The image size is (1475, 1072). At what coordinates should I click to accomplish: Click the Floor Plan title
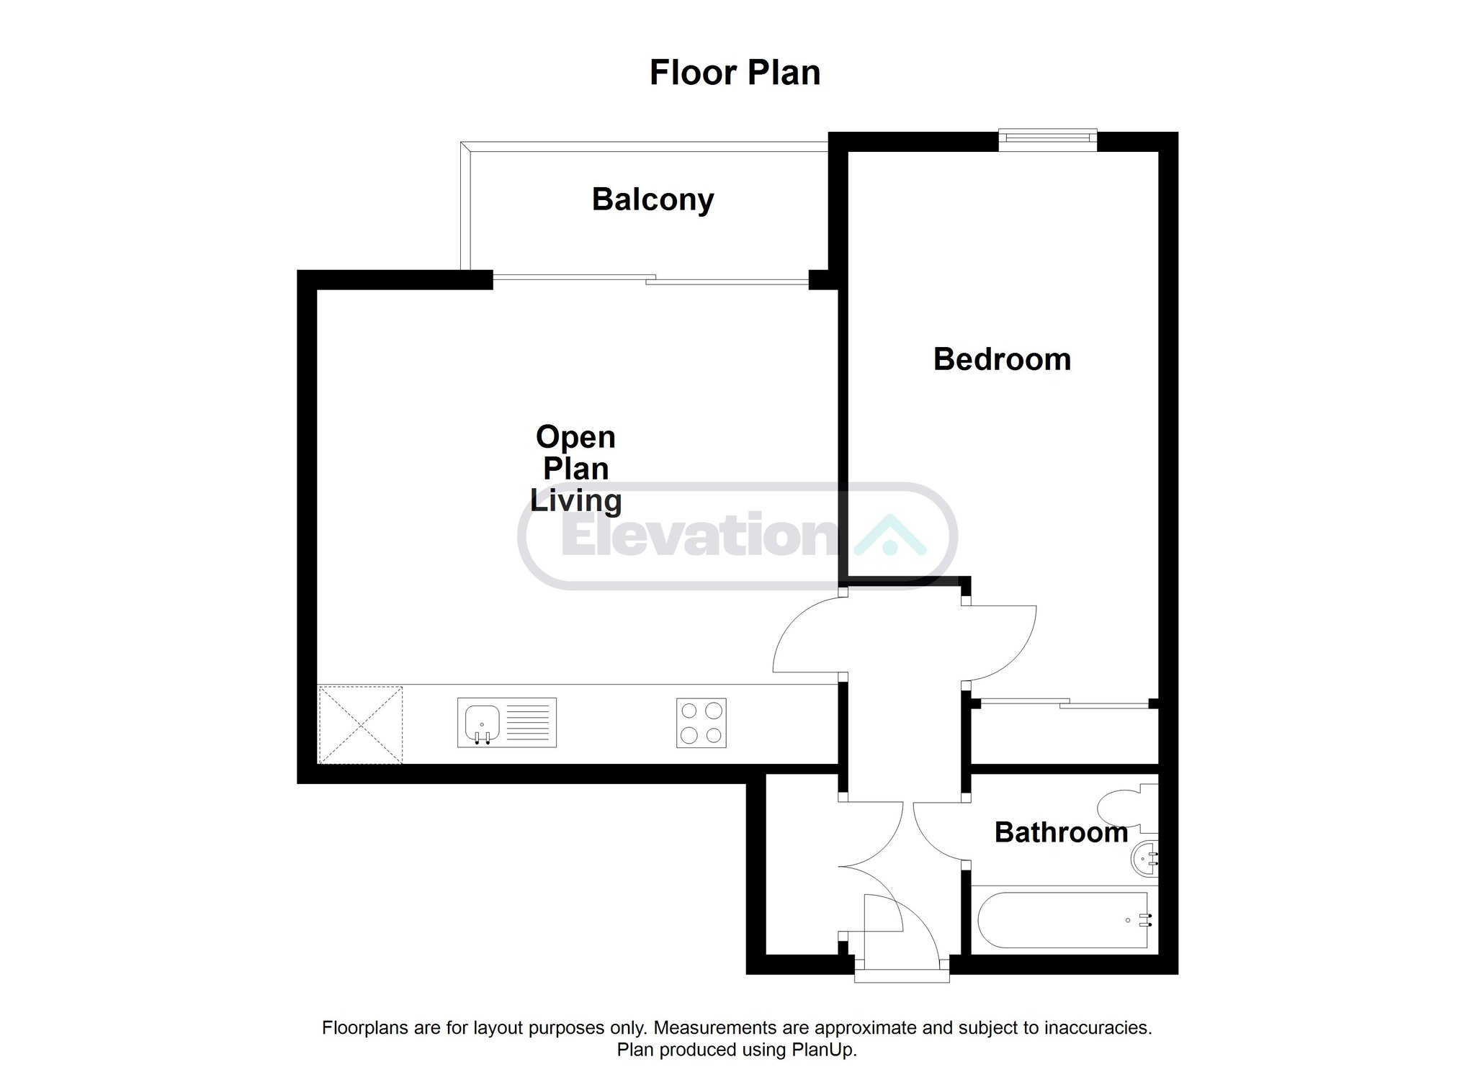point(735,73)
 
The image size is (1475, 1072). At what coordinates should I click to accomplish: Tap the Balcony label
point(653,199)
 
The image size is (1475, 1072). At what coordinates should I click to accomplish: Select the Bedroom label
point(1002,359)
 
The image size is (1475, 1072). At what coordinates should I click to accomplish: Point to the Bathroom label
point(1061,832)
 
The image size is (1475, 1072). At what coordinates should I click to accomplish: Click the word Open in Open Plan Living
point(575,438)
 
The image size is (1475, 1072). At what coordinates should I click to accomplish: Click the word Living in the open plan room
point(575,501)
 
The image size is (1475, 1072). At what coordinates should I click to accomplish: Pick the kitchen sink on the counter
point(507,722)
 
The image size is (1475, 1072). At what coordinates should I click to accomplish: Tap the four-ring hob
point(701,722)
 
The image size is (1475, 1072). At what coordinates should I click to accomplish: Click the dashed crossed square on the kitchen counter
point(360,724)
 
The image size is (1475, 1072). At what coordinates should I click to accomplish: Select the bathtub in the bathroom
point(1063,921)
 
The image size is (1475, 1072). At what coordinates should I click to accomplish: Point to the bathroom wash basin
point(1145,859)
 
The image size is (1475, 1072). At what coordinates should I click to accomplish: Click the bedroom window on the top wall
point(1048,140)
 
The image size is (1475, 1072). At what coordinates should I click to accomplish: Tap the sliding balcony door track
point(651,279)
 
